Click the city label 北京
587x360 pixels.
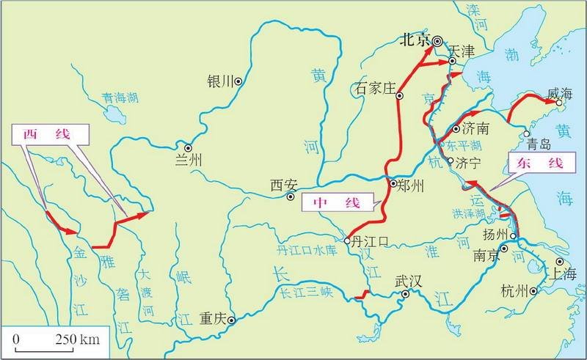pos(413,41)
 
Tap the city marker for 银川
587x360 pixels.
pos(238,81)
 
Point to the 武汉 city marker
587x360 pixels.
pos(404,295)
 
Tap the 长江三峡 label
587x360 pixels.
pos(307,290)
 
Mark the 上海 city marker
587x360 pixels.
pos(559,261)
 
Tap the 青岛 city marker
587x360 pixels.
pos(528,133)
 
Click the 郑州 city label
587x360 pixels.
pos(409,186)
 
